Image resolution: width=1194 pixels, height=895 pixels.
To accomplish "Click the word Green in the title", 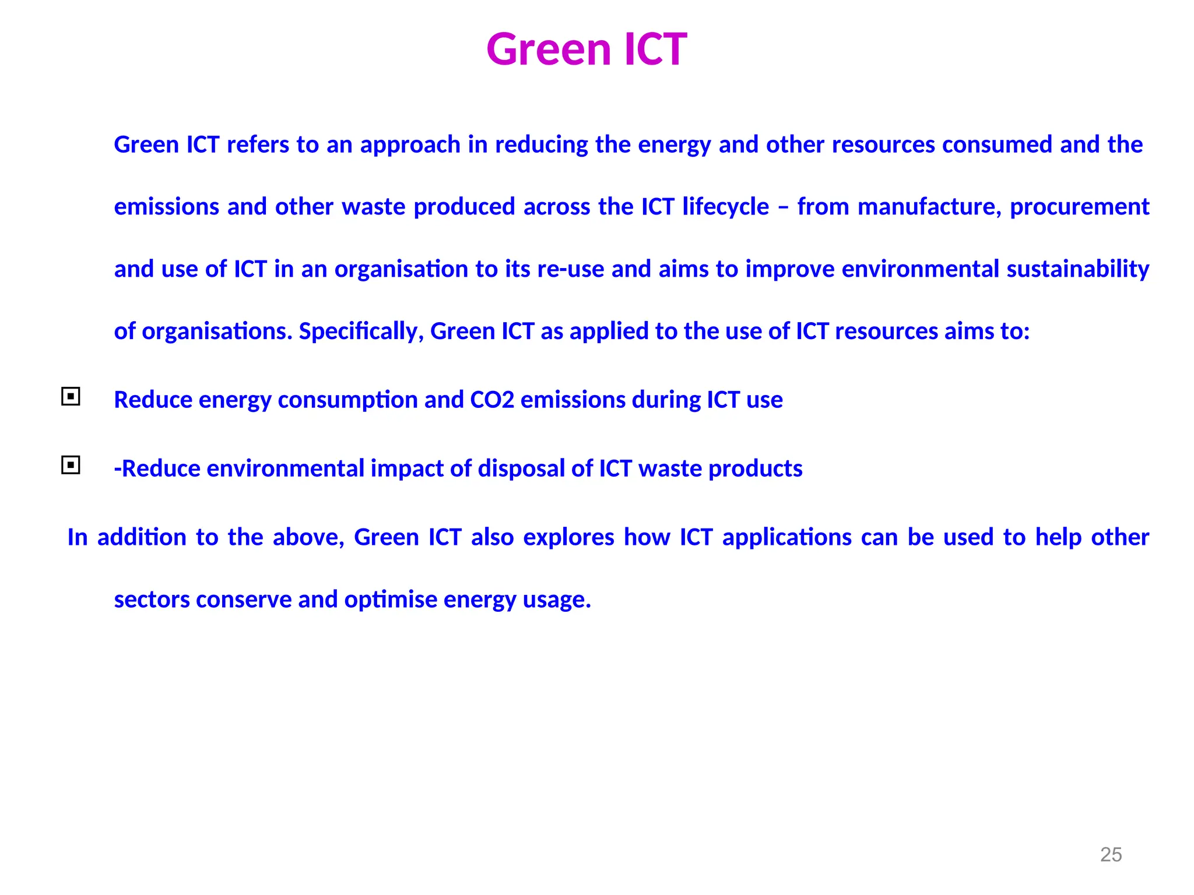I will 549,49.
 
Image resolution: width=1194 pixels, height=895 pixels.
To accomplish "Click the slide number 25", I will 1111,855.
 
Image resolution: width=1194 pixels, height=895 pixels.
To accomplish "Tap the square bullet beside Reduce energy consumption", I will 71,397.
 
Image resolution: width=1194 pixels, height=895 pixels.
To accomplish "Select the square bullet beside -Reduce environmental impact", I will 71,466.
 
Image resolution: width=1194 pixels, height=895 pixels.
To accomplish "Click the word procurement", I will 1079,207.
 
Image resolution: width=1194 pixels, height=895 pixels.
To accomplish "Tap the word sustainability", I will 1078,269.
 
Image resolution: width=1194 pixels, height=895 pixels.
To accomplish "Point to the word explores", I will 568,537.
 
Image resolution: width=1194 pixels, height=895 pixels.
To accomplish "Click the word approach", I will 410,145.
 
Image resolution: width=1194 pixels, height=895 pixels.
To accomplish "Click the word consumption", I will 347,400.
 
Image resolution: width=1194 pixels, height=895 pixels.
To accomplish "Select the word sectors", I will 152,600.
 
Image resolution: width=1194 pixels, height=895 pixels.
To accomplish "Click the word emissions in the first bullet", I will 573,400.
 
